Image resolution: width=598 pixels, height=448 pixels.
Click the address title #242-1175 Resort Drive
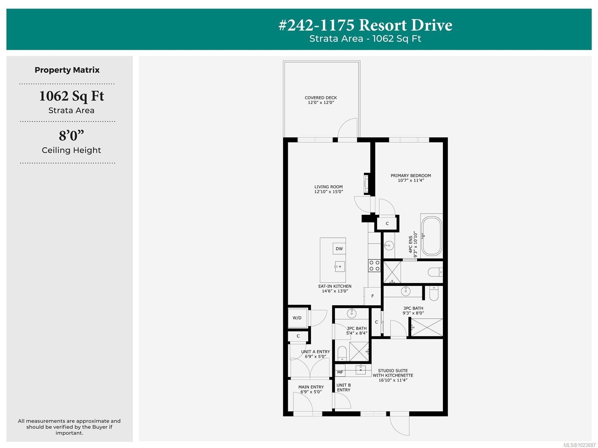(x=365, y=25)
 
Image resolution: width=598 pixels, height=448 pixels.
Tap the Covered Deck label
(x=321, y=100)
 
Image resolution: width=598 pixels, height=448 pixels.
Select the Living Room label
(x=329, y=189)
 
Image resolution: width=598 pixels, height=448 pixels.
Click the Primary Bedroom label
(x=411, y=178)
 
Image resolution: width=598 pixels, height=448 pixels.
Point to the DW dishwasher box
(x=339, y=248)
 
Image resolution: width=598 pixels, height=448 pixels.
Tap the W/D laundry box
(x=297, y=318)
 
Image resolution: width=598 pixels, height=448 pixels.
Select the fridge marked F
(x=372, y=296)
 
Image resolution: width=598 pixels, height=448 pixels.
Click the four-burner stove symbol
(x=374, y=266)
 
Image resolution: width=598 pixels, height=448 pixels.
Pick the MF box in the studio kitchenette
(x=340, y=372)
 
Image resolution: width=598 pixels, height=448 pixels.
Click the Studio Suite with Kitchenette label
(x=393, y=375)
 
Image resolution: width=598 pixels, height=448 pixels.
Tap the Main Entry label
(x=311, y=389)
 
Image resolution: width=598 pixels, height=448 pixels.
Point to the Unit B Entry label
(x=343, y=387)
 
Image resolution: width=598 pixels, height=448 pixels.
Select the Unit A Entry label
(x=315, y=354)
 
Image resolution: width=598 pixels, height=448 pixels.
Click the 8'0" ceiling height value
(x=71, y=135)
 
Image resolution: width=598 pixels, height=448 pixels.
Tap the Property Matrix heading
(x=67, y=70)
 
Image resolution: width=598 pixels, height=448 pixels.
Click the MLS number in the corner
(x=579, y=445)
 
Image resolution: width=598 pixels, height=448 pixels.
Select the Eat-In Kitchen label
(x=335, y=288)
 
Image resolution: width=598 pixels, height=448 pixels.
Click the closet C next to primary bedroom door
(x=387, y=223)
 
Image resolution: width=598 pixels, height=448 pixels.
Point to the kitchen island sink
(x=340, y=266)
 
